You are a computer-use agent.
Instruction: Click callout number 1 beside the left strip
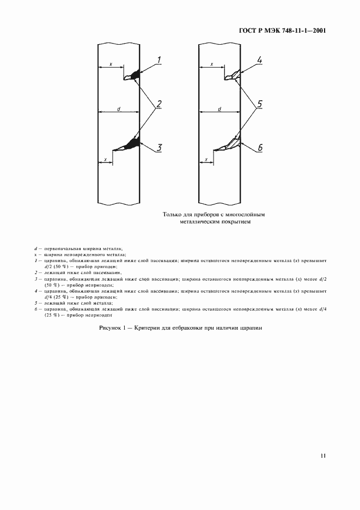(159, 59)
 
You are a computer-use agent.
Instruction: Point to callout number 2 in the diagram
(159, 104)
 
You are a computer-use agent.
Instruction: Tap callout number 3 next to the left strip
(159, 147)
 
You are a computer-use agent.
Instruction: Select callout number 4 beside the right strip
(260, 60)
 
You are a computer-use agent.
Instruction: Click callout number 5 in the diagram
(260, 104)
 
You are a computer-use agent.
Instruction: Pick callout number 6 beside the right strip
(260, 148)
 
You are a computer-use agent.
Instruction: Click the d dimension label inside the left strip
(118, 109)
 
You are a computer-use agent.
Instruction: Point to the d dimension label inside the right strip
(219, 109)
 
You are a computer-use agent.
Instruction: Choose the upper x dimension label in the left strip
(111, 64)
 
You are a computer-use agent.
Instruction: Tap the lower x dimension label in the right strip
(206, 160)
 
